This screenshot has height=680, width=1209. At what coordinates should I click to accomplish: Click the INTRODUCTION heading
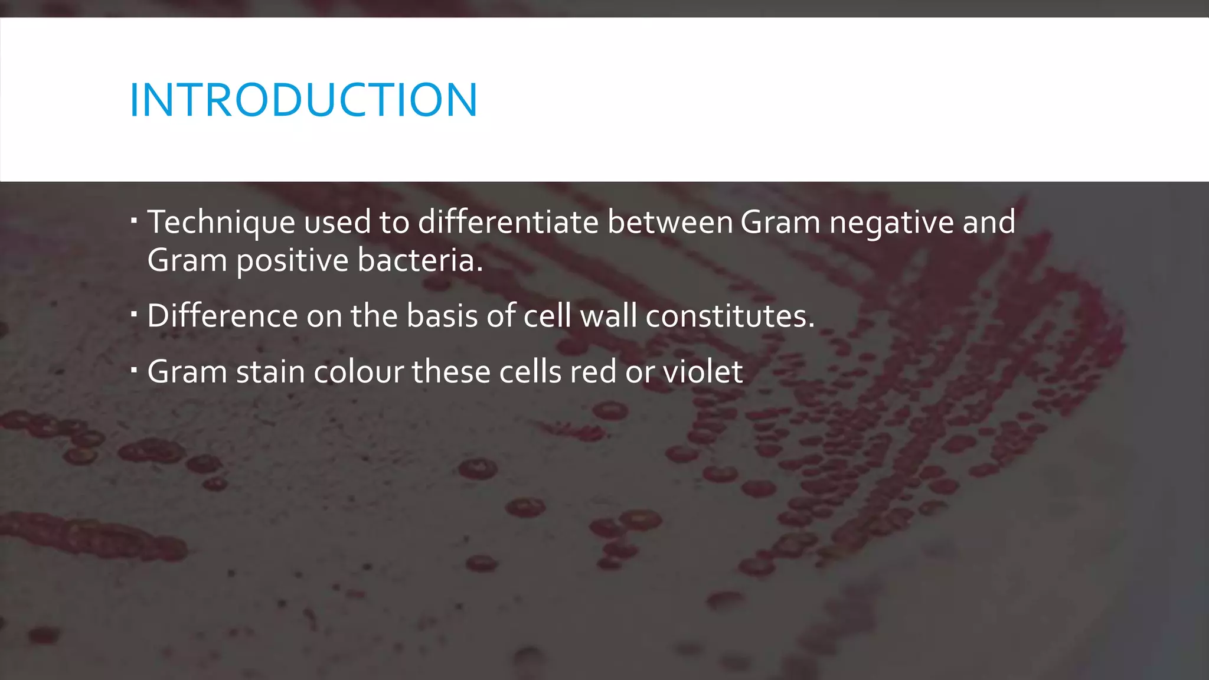pyautogui.click(x=303, y=100)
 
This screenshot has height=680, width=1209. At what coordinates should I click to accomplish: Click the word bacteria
pyautogui.click(x=420, y=261)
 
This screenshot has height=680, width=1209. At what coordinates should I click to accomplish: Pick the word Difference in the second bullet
pyautogui.click(x=222, y=316)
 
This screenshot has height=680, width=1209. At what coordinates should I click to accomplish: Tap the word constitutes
pyautogui.click(x=730, y=316)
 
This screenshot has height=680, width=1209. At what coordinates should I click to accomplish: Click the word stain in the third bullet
pyautogui.click(x=270, y=372)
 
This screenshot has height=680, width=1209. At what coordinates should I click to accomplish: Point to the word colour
pyautogui.click(x=358, y=372)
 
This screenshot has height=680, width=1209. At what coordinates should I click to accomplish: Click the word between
pyautogui.click(x=670, y=223)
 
